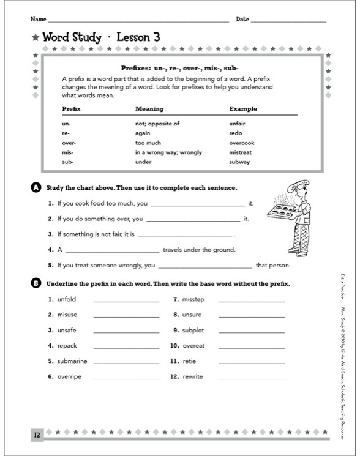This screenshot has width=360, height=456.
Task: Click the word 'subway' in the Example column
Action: [239, 162]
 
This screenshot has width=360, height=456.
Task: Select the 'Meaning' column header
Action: [149, 109]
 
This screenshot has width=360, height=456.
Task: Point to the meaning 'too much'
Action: [148, 143]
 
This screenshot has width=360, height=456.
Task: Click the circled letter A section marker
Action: [36, 187]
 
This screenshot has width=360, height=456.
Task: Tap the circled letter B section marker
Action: [36, 283]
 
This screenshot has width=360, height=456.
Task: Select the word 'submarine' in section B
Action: [72, 361]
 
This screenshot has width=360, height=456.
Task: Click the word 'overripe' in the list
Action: [69, 376]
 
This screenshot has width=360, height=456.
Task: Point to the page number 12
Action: [37, 435]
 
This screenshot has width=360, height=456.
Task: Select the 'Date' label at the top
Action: [242, 20]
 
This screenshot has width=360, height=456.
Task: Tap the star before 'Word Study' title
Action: [36, 39]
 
